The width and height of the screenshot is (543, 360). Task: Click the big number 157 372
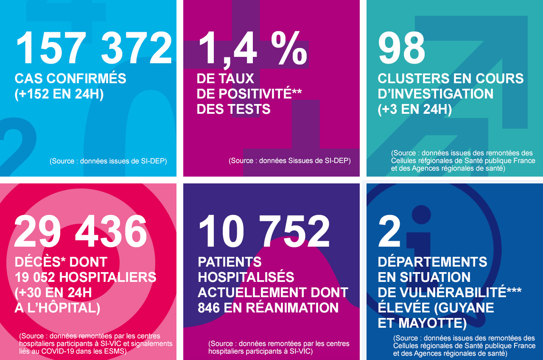[x=94, y=48]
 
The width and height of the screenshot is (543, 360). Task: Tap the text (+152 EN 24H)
[x=59, y=94]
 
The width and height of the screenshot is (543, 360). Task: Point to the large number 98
[x=401, y=48]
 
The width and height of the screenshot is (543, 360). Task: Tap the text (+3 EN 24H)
[x=414, y=109]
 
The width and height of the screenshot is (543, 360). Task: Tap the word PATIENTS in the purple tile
[x=230, y=262]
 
